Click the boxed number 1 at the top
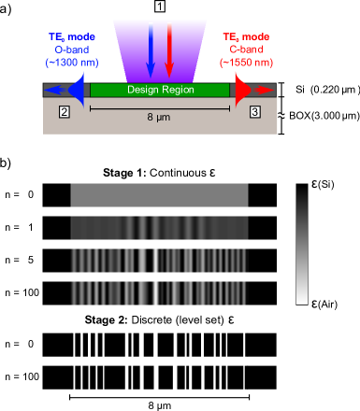(160, 6)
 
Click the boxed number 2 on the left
(64, 111)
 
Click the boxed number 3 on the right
(255, 111)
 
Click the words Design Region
(160, 90)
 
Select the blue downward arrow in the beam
(151, 51)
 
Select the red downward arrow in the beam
(169, 51)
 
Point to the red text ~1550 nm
(247, 63)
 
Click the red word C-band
(247, 50)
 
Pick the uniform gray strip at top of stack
(159, 194)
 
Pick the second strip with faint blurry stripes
(159, 228)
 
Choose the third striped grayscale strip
(159, 260)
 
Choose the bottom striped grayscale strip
(159, 292)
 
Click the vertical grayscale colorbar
(302, 245)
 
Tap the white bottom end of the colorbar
(302, 299)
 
